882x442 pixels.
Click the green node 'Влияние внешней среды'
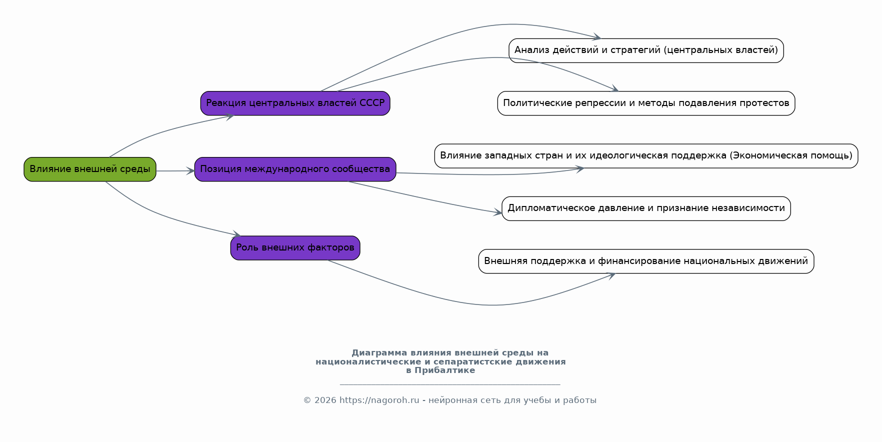90,169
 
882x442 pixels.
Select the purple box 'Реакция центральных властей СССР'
295,103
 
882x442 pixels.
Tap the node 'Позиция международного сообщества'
295,169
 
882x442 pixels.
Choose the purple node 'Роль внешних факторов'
295,247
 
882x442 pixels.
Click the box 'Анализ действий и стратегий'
646,50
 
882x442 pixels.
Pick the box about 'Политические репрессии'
646,103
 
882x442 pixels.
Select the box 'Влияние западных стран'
646,156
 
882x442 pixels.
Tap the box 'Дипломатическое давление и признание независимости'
646,208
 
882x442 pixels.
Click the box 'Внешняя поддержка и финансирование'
646,261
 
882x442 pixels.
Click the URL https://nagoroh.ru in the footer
379,400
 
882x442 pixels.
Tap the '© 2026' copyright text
320,400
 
